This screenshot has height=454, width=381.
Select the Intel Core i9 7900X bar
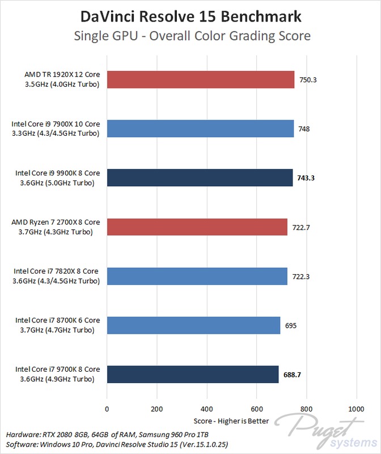tap(200, 129)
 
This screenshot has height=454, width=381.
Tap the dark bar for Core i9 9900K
tap(200, 178)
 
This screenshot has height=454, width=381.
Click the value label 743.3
tap(306, 178)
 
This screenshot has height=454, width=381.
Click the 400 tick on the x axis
tap(207, 409)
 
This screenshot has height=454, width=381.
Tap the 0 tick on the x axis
tap(107, 409)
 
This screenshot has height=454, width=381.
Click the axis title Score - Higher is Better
tap(231, 422)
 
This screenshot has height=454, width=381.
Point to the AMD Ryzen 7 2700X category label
tap(56, 227)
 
